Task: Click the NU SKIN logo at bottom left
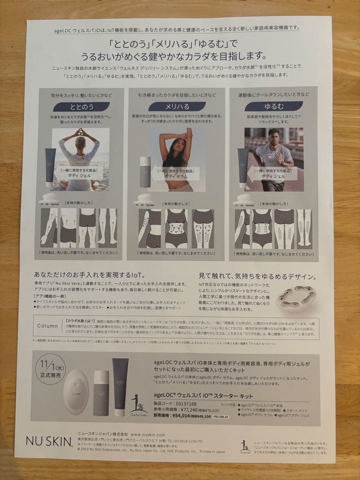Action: click(x=49, y=441)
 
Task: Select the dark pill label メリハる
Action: click(x=171, y=107)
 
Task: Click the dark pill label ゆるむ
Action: click(x=267, y=107)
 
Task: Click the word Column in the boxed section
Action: click(x=48, y=326)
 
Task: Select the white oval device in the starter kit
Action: click(x=76, y=391)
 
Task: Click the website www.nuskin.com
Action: click(x=148, y=434)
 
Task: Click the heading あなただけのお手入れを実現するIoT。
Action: click(x=89, y=275)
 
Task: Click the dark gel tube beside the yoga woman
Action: click(x=51, y=167)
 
